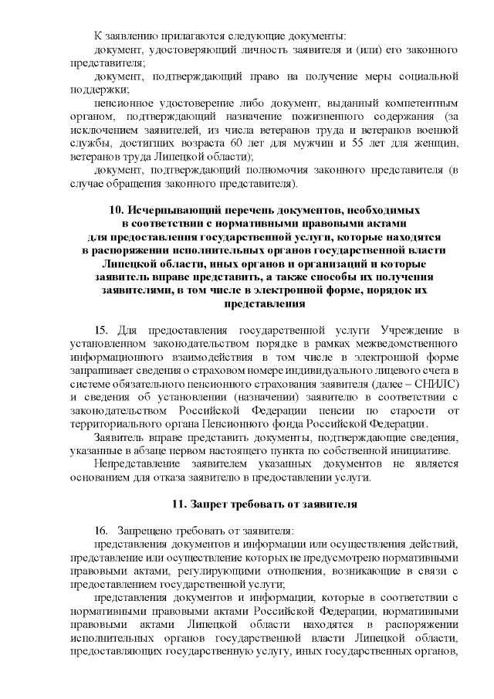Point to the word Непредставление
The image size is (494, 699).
point(134,463)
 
